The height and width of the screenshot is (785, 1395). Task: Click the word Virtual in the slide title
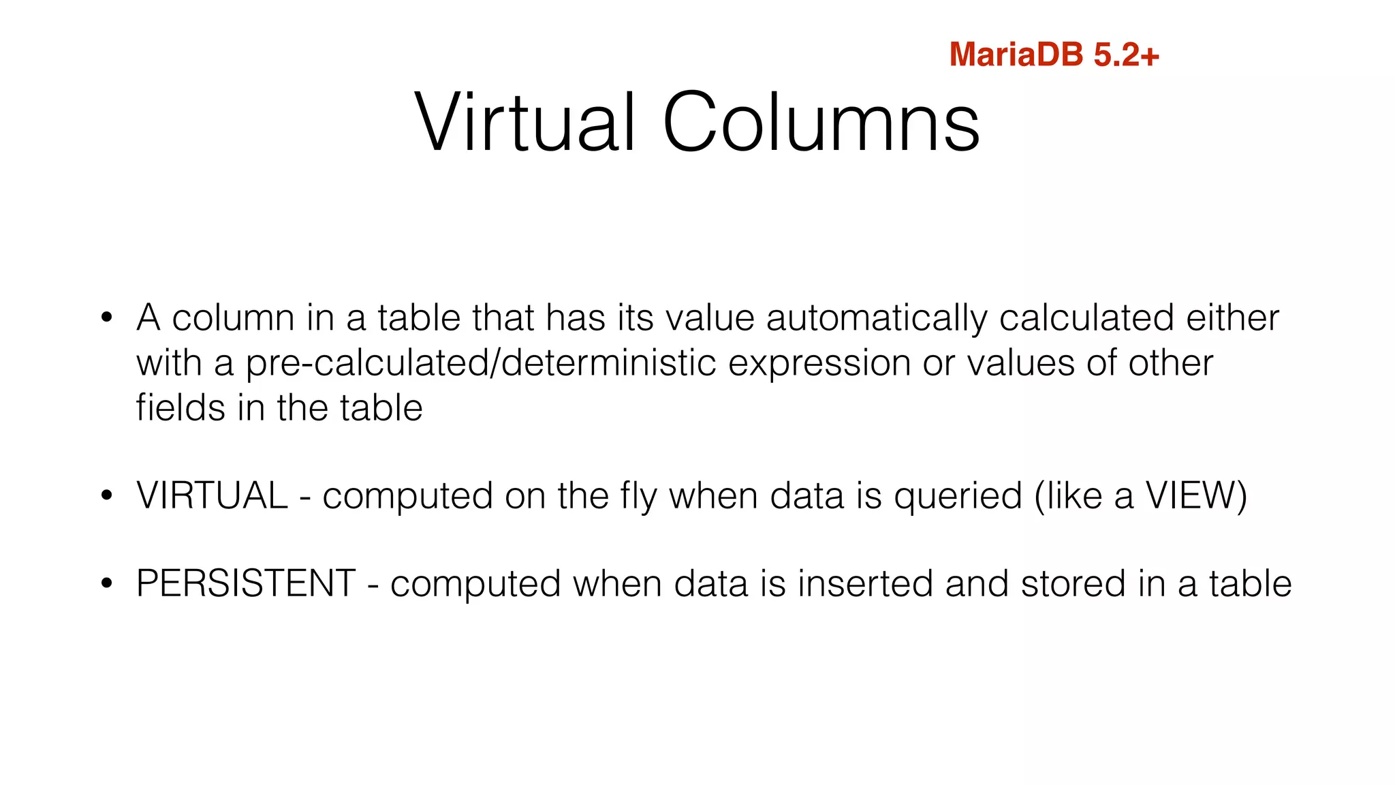[x=525, y=123]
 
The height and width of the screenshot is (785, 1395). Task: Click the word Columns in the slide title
[x=821, y=123]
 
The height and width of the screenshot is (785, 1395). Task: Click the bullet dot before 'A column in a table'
[x=106, y=318]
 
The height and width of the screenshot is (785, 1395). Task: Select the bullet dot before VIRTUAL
[x=106, y=495]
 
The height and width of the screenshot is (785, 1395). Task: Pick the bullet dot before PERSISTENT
[x=106, y=584]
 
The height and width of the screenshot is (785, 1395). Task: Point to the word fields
[x=180, y=407]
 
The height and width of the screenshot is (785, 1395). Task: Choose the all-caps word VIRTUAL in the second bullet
[x=212, y=495]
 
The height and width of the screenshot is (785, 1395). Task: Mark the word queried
[x=958, y=496]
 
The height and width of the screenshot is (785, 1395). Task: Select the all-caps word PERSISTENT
[x=246, y=584]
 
